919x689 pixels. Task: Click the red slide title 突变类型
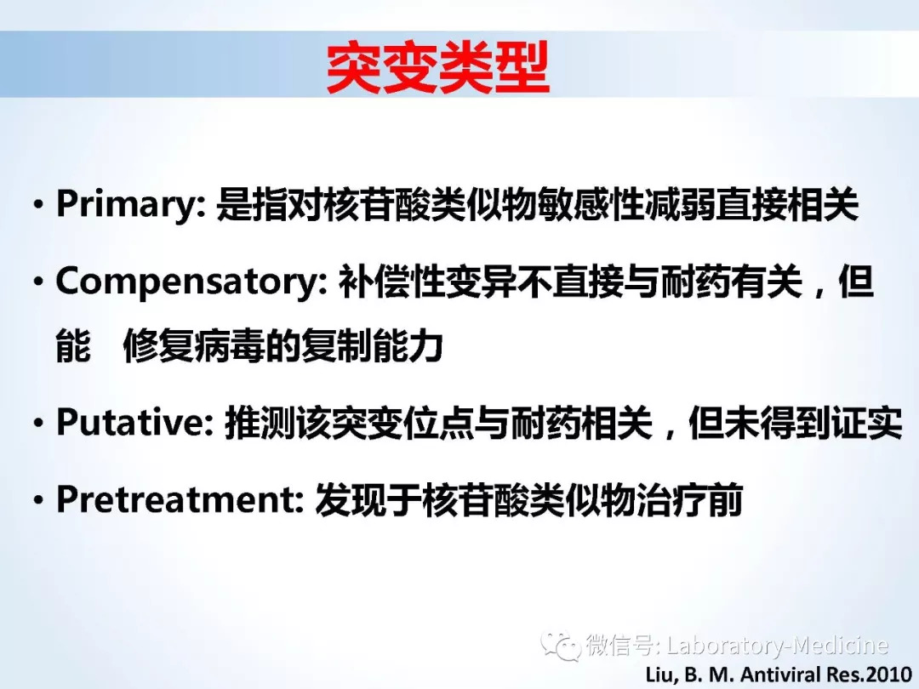tap(437, 67)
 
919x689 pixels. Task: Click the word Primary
tap(127, 205)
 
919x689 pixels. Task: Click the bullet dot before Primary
tap(38, 206)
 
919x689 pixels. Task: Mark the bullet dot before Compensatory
tap(38, 283)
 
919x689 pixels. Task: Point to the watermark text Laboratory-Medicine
tap(778, 646)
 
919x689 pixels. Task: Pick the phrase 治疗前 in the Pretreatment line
tap(690, 500)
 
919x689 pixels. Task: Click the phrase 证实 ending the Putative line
tap(867, 423)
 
